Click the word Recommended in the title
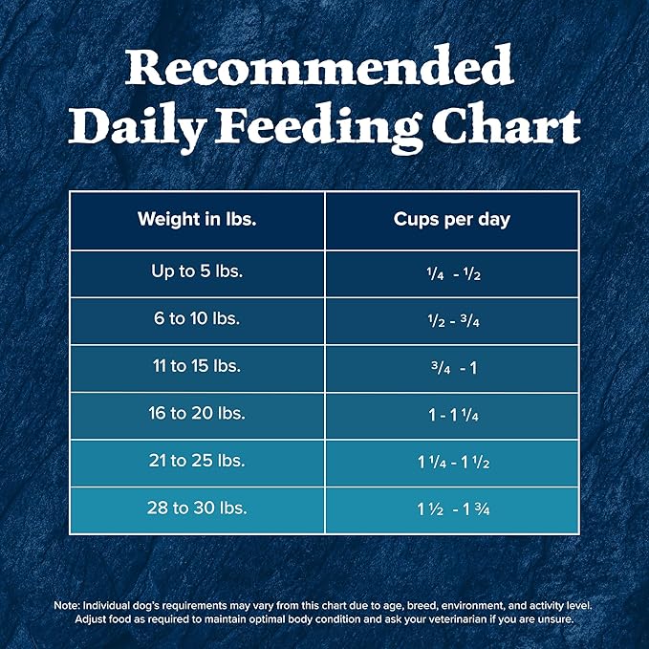tap(324, 69)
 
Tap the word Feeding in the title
tap(337, 125)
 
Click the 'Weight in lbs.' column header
tap(197, 219)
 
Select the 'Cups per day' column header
tap(452, 219)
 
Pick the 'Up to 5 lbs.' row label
tap(197, 271)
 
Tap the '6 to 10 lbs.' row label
tap(197, 319)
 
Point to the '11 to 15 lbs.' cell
tap(197, 366)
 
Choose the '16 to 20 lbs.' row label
tap(197, 414)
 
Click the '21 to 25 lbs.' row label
tap(197, 461)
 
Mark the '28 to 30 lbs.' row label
tap(197, 508)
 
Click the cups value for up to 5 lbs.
tap(452, 273)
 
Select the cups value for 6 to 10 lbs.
tap(452, 320)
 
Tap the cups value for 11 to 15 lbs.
tap(452, 367)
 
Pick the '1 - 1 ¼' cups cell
tap(452, 415)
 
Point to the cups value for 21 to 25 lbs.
tap(452, 462)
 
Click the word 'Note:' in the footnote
tap(67, 606)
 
